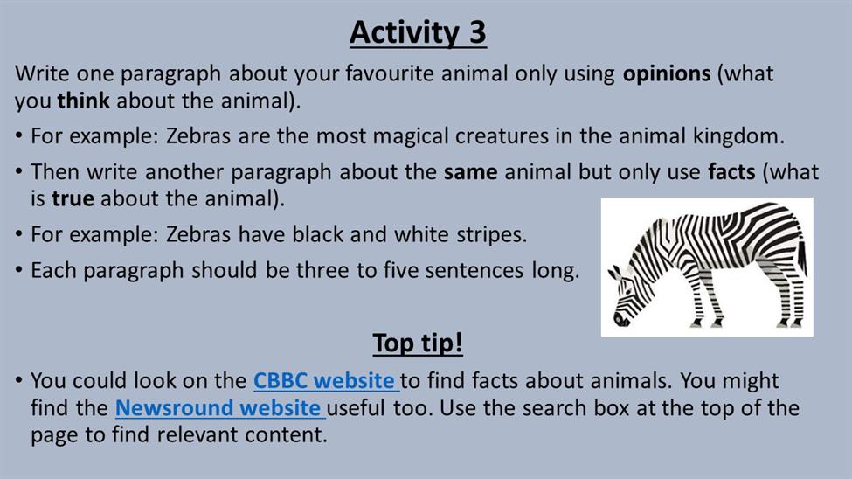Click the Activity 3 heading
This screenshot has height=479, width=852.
coord(418,32)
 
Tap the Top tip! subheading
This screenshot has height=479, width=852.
coord(418,343)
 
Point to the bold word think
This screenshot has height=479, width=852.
coord(84,101)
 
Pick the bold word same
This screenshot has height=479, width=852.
coord(470,172)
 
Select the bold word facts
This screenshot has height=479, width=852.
coord(731,172)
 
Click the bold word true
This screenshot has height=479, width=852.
coord(73,199)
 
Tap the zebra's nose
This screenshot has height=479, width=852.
coord(620,319)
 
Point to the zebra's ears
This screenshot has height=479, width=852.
coord(615,273)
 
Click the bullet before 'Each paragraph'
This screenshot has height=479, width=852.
coord(19,270)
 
